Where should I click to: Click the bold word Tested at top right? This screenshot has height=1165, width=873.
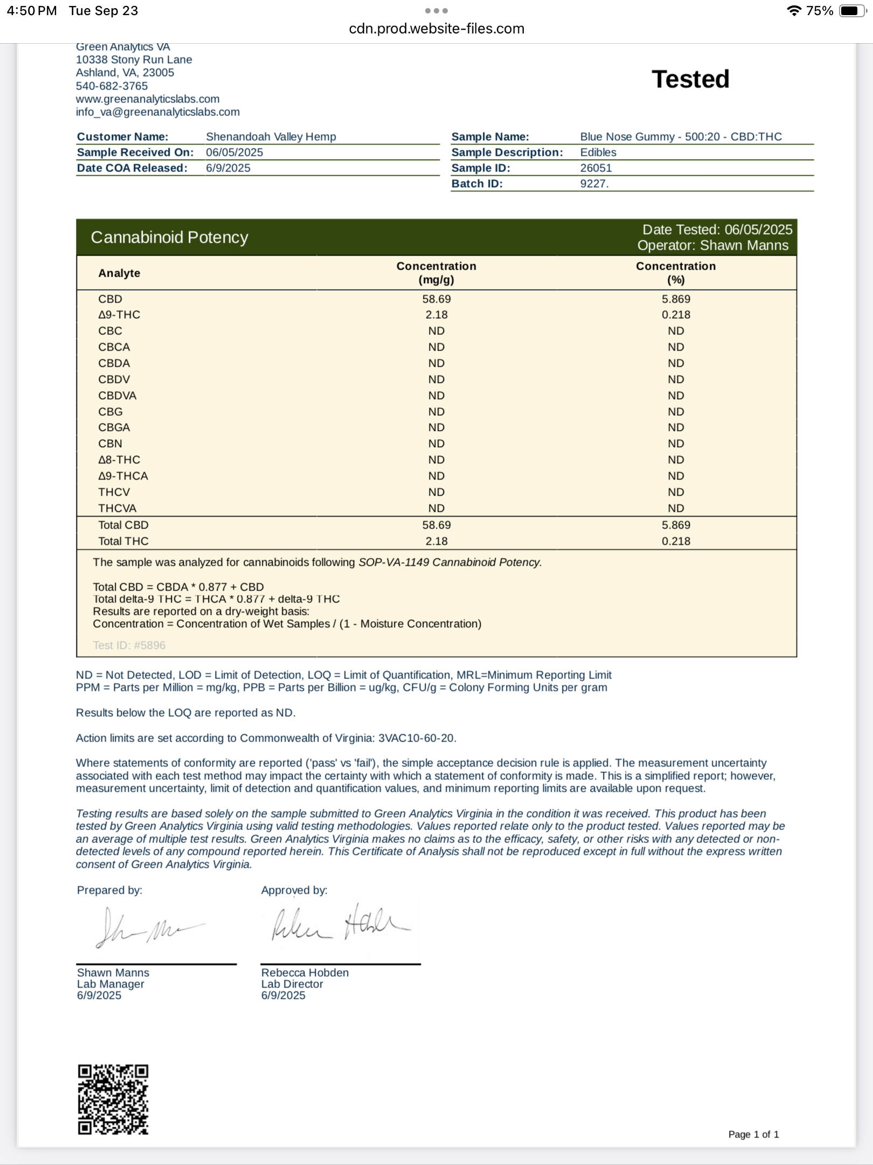point(690,79)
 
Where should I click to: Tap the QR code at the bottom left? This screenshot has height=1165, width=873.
point(113,1099)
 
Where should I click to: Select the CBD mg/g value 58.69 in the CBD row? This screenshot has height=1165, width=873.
point(436,299)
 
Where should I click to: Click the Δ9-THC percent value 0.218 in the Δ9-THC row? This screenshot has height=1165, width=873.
point(676,315)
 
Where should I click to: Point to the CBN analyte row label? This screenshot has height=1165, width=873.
point(110,443)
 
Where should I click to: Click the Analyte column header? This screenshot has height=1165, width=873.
point(119,273)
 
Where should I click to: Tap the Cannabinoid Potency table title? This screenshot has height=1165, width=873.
point(169,237)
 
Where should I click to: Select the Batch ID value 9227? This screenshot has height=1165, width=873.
point(594,183)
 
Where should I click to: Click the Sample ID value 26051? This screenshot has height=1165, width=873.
point(595,168)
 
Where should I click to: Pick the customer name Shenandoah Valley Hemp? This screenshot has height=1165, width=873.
point(271,136)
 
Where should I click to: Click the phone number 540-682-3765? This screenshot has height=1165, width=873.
point(112,86)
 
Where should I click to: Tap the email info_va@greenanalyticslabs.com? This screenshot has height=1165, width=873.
point(157,112)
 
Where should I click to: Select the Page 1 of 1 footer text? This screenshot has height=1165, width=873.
point(753,1134)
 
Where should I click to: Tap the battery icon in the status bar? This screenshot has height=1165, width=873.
point(852,11)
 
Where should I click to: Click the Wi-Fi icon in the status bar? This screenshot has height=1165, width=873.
point(793,11)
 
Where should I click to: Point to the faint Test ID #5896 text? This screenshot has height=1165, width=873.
point(129,645)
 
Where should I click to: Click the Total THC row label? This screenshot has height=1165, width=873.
point(123,541)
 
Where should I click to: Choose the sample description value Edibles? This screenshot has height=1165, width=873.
point(598,152)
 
